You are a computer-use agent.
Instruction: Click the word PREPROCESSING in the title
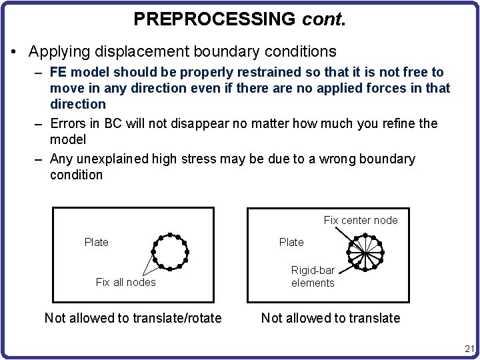[x=214, y=19]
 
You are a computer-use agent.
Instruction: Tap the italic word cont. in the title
[x=323, y=19]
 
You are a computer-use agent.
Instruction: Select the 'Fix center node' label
[x=361, y=220]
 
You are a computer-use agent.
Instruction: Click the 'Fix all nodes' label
[x=125, y=282]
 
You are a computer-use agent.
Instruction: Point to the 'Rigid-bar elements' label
[x=313, y=277]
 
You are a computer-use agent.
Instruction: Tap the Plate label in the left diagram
[x=97, y=242]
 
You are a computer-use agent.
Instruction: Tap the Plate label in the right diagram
[x=291, y=242]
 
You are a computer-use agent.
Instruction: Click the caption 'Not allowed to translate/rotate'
[x=133, y=318]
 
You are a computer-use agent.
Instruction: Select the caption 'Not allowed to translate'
[x=331, y=318]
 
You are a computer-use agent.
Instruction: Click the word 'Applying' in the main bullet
[x=57, y=51]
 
